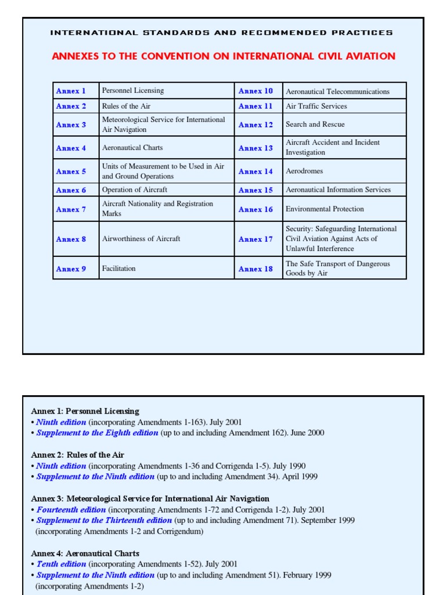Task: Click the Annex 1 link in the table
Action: (x=71, y=91)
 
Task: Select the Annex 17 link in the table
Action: (x=255, y=239)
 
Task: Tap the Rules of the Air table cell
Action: (x=127, y=106)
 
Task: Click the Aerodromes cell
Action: (x=304, y=171)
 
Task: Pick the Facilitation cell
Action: (x=118, y=268)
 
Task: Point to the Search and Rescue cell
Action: (x=315, y=124)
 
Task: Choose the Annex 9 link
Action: (x=71, y=269)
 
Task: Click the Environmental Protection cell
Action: (x=325, y=209)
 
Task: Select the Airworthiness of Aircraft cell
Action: (x=141, y=239)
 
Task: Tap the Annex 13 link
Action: (x=255, y=148)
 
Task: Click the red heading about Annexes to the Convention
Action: (x=224, y=56)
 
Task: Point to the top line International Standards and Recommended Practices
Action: (x=221, y=33)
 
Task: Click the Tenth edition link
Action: (x=61, y=564)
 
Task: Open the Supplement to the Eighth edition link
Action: (x=97, y=433)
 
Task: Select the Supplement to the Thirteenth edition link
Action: (x=104, y=521)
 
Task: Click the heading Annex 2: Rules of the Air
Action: (x=77, y=455)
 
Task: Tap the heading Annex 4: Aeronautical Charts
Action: (x=85, y=554)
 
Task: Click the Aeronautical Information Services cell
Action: (x=338, y=190)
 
